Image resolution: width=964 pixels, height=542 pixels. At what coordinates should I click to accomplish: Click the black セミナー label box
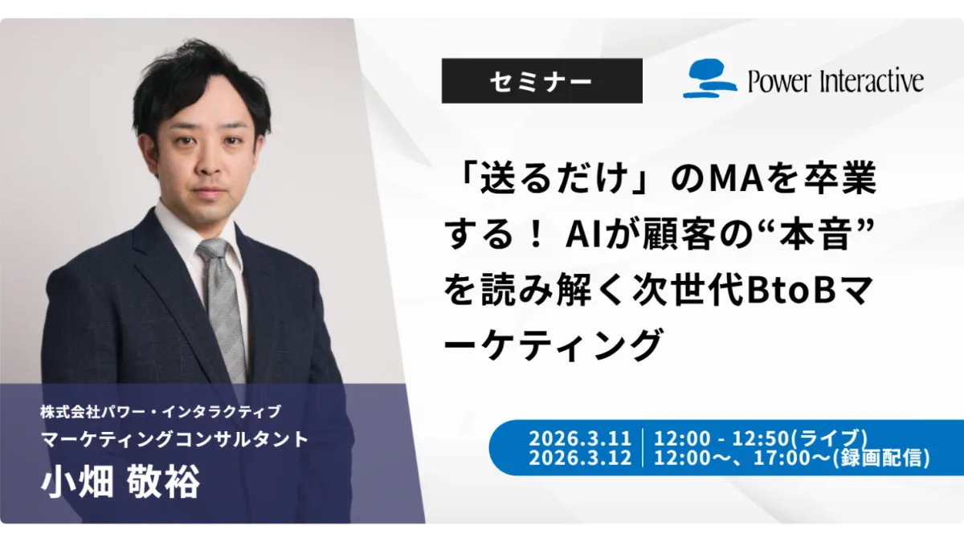(x=541, y=81)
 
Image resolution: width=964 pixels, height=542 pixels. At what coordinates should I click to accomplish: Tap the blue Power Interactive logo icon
(x=709, y=79)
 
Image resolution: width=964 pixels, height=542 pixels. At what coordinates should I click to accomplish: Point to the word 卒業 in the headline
(x=834, y=177)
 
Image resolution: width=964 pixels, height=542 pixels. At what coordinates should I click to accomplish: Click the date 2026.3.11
(x=580, y=438)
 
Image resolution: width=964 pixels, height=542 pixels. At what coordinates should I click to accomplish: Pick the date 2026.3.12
(x=580, y=458)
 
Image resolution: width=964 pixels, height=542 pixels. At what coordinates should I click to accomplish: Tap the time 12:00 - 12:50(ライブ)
(x=761, y=438)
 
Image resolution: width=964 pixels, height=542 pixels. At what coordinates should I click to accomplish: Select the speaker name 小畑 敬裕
(x=120, y=481)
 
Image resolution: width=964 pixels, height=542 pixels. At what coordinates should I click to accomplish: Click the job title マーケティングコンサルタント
(x=175, y=439)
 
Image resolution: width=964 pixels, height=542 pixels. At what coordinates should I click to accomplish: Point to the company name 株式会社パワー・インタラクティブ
(x=161, y=412)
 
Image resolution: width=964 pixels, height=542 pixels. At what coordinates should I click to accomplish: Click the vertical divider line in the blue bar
(x=643, y=448)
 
